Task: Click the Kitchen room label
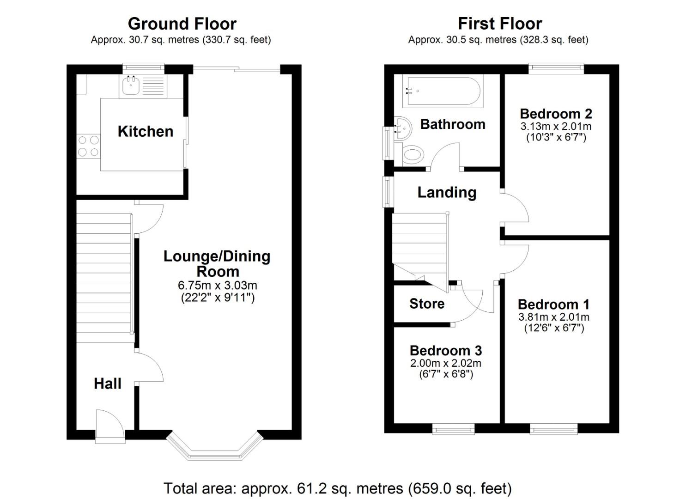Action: (x=145, y=131)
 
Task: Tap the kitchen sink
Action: (x=131, y=85)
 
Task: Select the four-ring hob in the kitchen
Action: (x=88, y=145)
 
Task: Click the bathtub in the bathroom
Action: (x=443, y=91)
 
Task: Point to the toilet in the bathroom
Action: (x=413, y=154)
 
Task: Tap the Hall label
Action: (x=107, y=383)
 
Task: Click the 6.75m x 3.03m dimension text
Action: (x=217, y=285)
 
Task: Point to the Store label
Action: (x=426, y=304)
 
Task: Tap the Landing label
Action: (x=446, y=192)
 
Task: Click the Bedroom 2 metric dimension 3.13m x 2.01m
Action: (x=556, y=126)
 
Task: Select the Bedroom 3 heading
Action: (x=445, y=351)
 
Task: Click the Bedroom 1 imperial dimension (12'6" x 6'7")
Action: (x=553, y=328)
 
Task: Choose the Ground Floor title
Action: (x=182, y=23)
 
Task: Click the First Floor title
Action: (x=499, y=23)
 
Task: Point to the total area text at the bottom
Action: (x=337, y=488)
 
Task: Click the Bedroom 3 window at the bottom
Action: (x=453, y=430)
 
